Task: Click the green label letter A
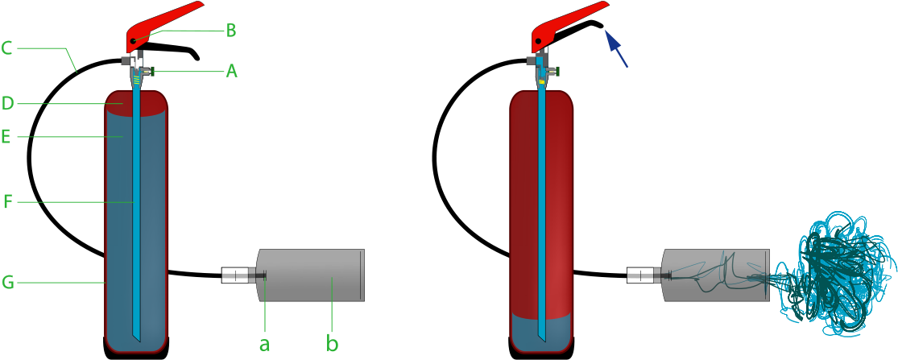[231, 71]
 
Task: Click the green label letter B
[231, 31]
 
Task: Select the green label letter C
[6, 48]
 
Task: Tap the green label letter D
[7, 104]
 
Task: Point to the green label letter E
[6, 137]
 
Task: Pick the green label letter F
[7, 201]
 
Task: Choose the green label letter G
[7, 283]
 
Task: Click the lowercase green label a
[264, 344]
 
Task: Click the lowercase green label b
[332, 344]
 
